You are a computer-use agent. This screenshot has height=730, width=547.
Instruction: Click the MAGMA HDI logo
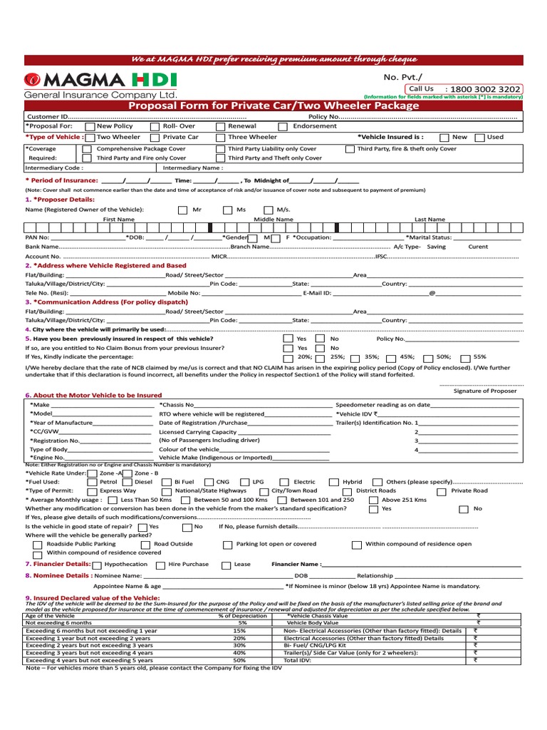point(100,80)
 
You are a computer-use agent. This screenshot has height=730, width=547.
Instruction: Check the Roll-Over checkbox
point(155,126)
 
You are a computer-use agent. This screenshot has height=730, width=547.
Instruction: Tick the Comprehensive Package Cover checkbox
point(87,149)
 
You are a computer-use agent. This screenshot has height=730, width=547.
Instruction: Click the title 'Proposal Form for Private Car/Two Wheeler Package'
point(273,106)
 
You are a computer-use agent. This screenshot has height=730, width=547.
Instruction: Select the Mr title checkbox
point(182,210)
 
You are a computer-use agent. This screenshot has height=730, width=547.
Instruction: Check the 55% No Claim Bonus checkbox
point(465,357)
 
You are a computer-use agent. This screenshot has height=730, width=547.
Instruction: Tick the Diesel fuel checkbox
point(126,482)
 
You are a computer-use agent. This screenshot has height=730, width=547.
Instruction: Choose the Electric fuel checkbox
point(284,482)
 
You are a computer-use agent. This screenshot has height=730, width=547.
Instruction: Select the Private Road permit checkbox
point(442,491)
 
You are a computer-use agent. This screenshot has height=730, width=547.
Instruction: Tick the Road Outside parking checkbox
point(141,545)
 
